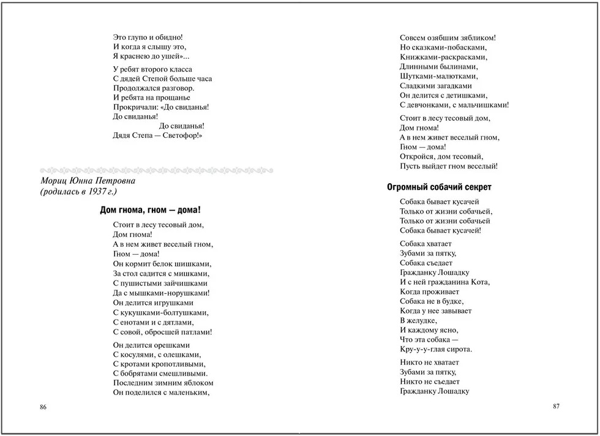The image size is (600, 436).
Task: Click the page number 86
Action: click(43, 407)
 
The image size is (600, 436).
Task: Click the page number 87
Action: click(556, 406)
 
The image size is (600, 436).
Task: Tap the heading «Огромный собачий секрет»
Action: click(440, 187)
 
